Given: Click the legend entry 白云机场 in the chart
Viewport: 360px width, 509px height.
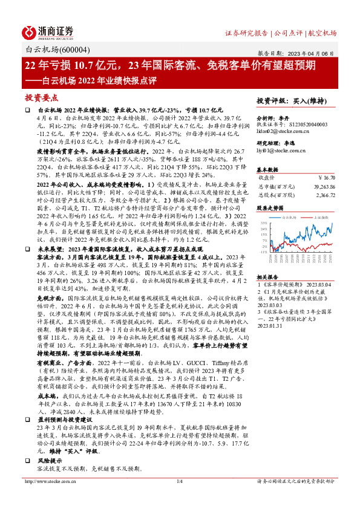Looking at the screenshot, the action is pyautogui.click(x=290, y=216).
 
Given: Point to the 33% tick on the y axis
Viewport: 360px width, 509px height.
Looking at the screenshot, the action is pyautogui.click(x=264, y=223).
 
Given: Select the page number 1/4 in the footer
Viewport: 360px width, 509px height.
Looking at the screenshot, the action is pyautogui.click(x=180, y=498).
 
